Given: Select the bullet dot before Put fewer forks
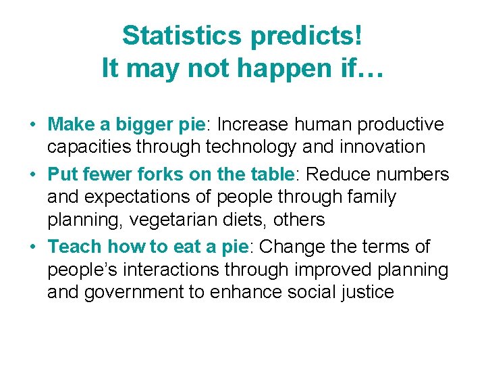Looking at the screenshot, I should point(32,175).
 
